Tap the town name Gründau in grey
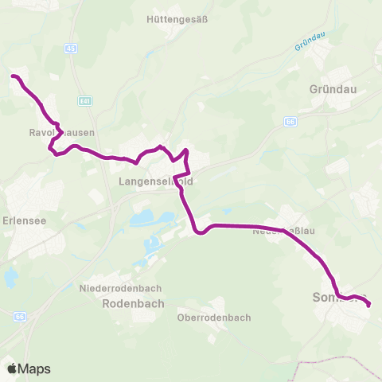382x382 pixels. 330,90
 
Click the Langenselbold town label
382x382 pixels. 155,181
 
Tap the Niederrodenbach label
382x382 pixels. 121,288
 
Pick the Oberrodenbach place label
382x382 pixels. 214,317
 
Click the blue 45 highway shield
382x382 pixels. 72,49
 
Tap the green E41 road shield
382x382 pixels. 84,101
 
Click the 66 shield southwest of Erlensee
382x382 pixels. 20,316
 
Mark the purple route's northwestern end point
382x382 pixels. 13,76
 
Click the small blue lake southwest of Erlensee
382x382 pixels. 10,277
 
